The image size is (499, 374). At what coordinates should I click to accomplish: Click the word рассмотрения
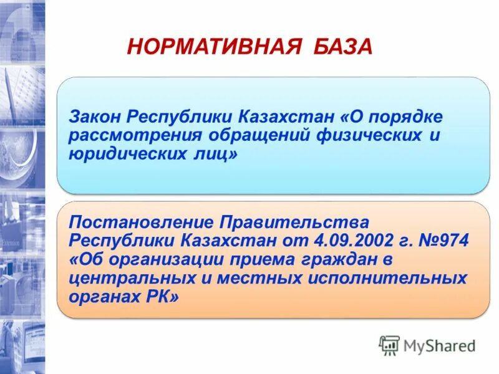[x=131, y=135]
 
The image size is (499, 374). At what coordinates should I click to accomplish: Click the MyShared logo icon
[x=389, y=345]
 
